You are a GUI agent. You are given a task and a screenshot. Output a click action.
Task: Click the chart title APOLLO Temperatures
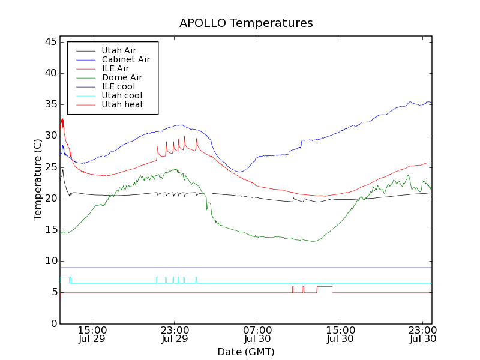click(x=246, y=23)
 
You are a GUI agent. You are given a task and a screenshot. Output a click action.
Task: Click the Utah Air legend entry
click(x=119, y=50)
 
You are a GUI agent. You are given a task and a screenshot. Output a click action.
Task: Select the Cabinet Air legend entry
click(x=125, y=59)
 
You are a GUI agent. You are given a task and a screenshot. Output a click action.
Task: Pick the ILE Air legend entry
click(x=115, y=68)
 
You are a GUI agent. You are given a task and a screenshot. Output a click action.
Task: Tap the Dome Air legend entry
click(x=122, y=77)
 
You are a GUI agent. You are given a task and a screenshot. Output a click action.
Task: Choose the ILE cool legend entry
click(x=118, y=86)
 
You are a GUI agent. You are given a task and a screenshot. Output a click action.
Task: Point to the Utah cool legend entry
click(x=122, y=95)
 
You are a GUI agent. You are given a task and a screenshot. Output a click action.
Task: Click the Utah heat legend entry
click(x=122, y=104)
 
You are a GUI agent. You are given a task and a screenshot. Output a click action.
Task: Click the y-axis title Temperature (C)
click(x=38, y=179)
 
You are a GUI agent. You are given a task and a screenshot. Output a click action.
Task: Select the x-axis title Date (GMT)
click(x=246, y=352)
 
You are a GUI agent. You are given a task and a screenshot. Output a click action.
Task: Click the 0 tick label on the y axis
click(x=53, y=323)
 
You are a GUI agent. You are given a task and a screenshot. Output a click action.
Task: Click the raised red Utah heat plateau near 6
click(x=324, y=286)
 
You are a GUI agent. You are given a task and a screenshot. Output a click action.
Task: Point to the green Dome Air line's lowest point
click(x=313, y=241)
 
